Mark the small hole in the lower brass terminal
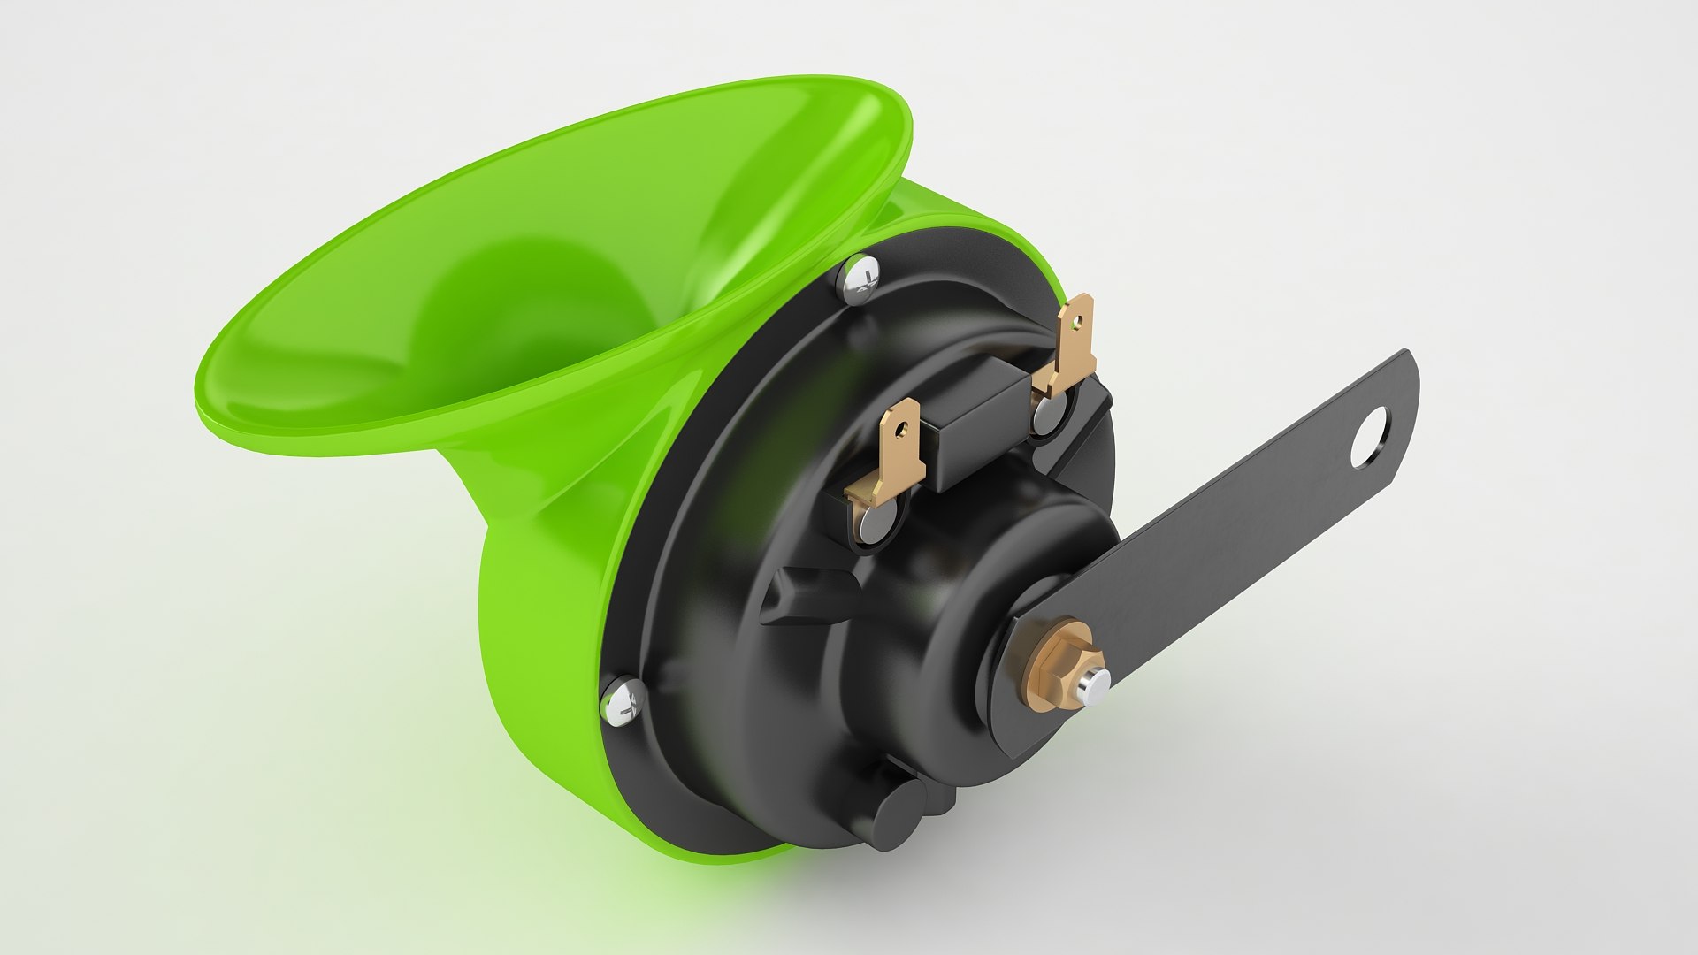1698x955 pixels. click(x=900, y=429)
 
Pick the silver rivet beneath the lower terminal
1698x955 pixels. click(x=873, y=527)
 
